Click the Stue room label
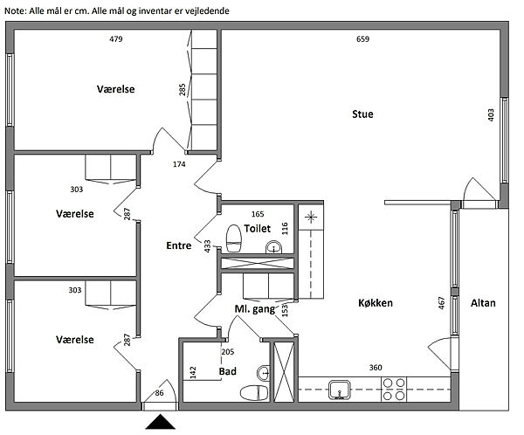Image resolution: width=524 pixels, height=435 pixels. point(362,114)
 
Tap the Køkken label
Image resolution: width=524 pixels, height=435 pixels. point(376,303)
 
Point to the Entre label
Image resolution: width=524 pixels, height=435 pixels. point(178,246)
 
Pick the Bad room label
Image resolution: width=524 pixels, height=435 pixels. point(227,371)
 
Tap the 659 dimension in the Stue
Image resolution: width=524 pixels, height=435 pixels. point(363,39)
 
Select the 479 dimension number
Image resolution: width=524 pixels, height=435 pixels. point(116,39)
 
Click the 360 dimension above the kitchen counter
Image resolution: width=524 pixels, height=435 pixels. point(376,367)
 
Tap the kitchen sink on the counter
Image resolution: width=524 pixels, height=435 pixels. point(339,390)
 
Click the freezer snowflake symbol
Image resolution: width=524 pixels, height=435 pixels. point(310,215)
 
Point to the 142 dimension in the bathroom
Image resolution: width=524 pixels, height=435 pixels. point(192,372)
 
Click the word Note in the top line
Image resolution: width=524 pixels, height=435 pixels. point(16,10)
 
